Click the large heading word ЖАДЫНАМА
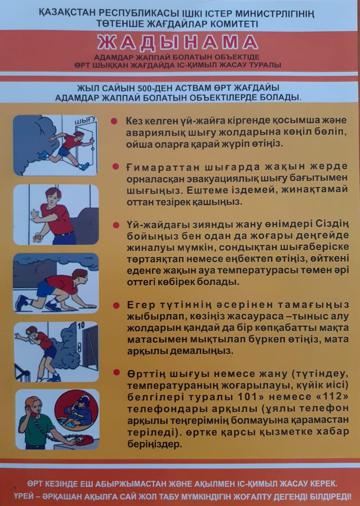coord(178,43)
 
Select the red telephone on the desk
coord(84,439)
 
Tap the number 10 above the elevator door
coord(81,325)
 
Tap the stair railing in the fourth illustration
coord(22,372)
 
